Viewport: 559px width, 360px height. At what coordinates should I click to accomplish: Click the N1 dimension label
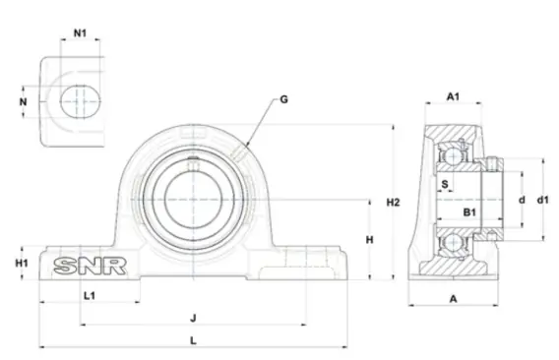[81, 33]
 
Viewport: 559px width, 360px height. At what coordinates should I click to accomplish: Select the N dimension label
[24, 102]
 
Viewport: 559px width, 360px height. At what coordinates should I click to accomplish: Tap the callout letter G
[283, 99]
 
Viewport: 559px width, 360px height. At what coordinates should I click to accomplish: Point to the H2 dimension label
[394, 203]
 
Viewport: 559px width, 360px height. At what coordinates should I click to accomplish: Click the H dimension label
[370, 240]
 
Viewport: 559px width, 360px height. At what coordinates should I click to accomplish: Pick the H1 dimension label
[22, 263]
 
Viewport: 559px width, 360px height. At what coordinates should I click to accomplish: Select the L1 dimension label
[90, 295]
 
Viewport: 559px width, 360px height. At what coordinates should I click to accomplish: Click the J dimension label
[193, 318]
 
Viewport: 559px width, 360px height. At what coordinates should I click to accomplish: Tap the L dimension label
[193, 340]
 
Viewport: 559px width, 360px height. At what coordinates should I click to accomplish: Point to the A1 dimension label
[453, 96]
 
